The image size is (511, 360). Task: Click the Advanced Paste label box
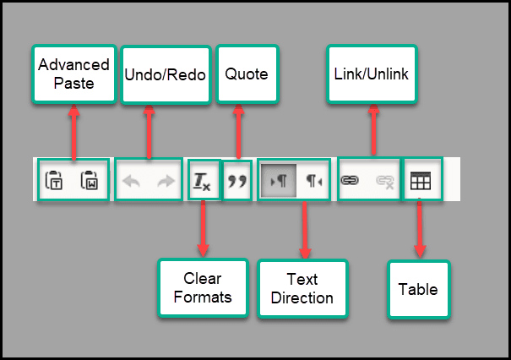pyautogui.click(x=73, y=74)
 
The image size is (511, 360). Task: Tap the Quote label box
pyautogui.click(x=247, y=74)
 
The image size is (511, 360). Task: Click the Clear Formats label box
pyautogui.click(x=203, y=287)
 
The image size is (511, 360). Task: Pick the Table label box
pyautogui.click(x=418, y=290)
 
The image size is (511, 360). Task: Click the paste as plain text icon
pyautogui.click(x=54, y=180)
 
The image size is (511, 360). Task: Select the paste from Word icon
pyautogui.click(x=90, y=180)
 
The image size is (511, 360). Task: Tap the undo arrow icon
pyautogui.click(x=131, y=180)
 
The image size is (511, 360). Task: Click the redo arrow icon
pyautogui.click(x=166, y=180)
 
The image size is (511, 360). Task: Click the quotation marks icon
pyautogui.click(x=238, y=180)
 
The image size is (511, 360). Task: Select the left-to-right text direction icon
pyautogui.click(x=278, y=180)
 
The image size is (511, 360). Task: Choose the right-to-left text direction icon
pyautogui.click(x=314, y=180)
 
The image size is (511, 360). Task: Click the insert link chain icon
pyautogui.click(x=350, y=180)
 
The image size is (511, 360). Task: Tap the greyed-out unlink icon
pyautogui.click(x=385, y=180)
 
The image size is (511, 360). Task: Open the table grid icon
pyautogui.click(x=420, y=180)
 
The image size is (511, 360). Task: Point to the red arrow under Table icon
pyautogui.click(x=420, y=228)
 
